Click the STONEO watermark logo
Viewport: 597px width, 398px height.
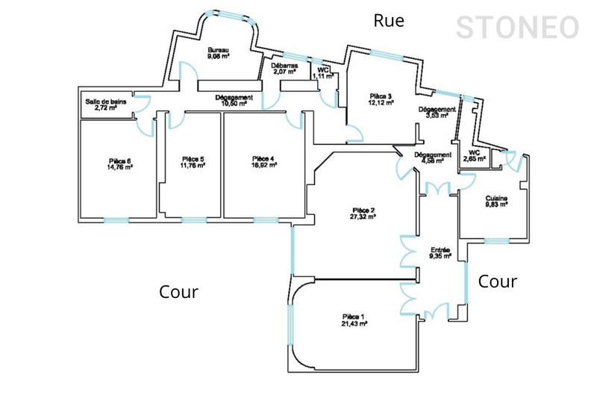tap(517, 28)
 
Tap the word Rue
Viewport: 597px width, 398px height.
tap(389, 21)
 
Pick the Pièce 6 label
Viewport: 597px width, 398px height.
tap(119, 161)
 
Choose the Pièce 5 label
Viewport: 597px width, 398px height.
tap(193, 158)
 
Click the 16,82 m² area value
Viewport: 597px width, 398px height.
tap(264, 165)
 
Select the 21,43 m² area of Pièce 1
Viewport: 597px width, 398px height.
tap(354, 324)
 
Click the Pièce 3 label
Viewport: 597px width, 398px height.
tap(381, 96)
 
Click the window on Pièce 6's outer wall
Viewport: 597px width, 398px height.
tap(116, 220)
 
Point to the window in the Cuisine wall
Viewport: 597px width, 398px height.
tap(496, 240)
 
